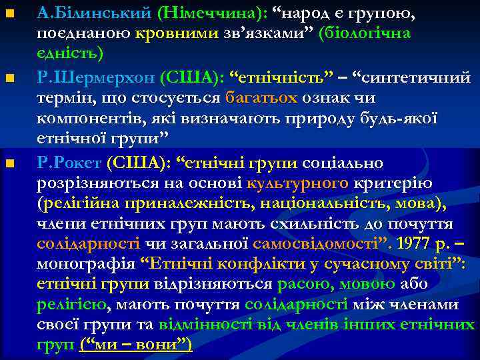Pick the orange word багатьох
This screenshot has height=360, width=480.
click(261, 98)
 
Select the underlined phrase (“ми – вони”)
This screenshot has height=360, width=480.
click(136, 345)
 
